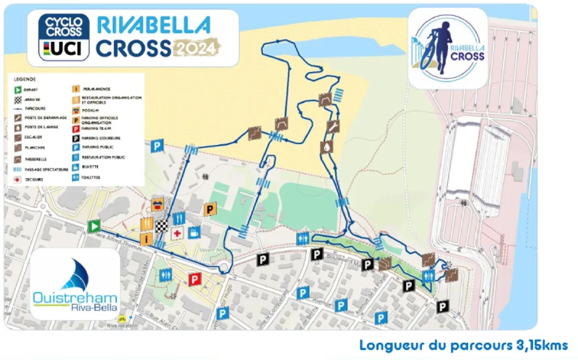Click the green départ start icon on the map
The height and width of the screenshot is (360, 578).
[94, 226]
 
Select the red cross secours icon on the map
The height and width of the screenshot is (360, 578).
[178, 234]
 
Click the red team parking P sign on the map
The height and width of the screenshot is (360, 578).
[195, 279]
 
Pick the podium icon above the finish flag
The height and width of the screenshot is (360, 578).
[158, 204]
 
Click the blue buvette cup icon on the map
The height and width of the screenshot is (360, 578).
[195, 232]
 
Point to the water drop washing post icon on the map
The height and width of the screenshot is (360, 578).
[327, 147]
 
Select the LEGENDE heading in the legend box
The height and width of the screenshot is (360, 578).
[25, 79]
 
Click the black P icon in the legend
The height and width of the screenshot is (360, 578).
[76, 138]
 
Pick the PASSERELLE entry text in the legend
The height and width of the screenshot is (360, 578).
[35, 158]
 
